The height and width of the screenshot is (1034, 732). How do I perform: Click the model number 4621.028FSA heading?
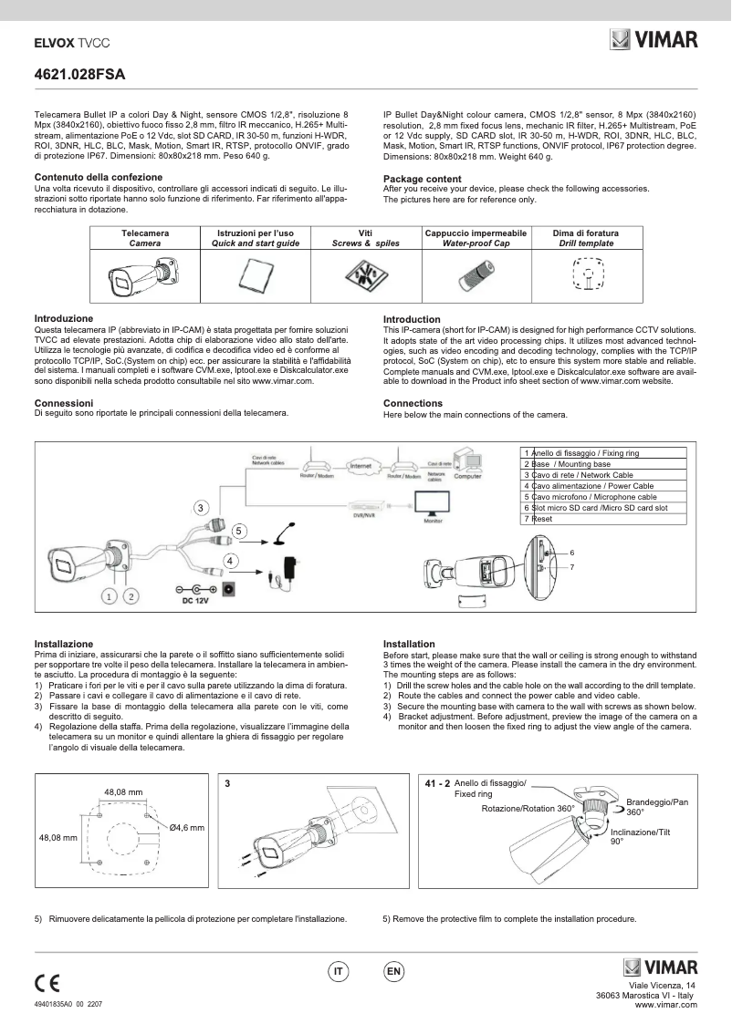[x=79, y=74]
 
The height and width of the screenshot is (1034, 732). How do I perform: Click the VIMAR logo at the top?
[x=654, y=40]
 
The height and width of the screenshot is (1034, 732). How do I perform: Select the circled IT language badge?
[x=338, y=972]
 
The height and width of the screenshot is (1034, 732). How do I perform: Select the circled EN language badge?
[x=393, y=972]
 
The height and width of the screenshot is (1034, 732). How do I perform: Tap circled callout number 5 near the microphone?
[x=238, y=530]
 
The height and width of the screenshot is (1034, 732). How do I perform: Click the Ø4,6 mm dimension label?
[x=186, y=826]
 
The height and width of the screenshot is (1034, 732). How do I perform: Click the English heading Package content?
[x=422, y=178]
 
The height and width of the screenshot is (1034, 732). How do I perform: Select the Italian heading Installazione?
[x=64, y=644]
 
